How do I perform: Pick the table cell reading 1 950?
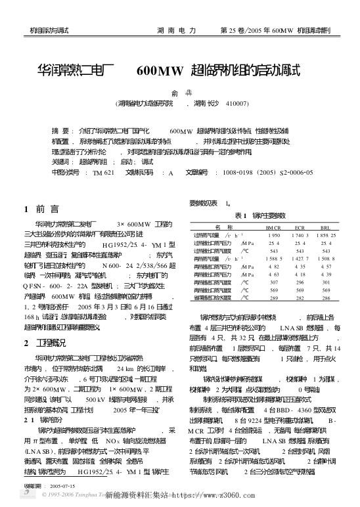click(273, 234)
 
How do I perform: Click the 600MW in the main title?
click(160, 70)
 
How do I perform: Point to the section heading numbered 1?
click(43, 209)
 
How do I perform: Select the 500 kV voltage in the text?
click(97, 399)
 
